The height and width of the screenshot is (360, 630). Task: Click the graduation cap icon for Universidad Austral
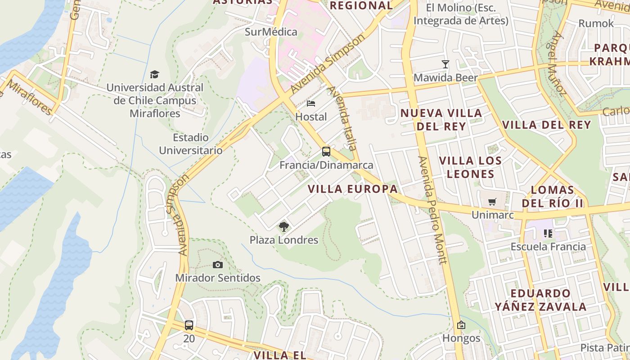coord(155,74)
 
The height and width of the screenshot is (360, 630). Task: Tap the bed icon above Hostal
coord(310,103)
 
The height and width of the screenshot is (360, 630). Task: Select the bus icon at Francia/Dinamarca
coord(326,152)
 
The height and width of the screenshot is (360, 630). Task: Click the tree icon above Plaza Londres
coord(283,226)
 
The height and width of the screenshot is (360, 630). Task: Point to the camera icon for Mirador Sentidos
coord(218,265)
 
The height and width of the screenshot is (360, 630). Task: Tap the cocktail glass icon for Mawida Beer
coord(445,64)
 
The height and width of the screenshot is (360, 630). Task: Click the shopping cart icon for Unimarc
coord(492,202)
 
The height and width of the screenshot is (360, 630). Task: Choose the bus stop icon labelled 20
coord(189,325)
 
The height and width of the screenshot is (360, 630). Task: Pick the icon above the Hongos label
coord(461,325)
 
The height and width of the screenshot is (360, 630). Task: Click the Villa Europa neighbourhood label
coord(353,189)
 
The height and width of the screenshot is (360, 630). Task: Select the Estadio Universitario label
coord(191,144)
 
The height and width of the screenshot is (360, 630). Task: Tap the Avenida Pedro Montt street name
coord(432,210)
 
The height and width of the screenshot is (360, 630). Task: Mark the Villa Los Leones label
coord(470,167)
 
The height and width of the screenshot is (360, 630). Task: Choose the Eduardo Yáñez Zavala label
coord(540,300)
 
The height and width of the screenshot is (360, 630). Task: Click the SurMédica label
coord(271,32)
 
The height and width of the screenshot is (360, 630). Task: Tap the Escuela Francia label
coord(548,247)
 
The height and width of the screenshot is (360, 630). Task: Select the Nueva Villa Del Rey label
coord(441,119)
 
